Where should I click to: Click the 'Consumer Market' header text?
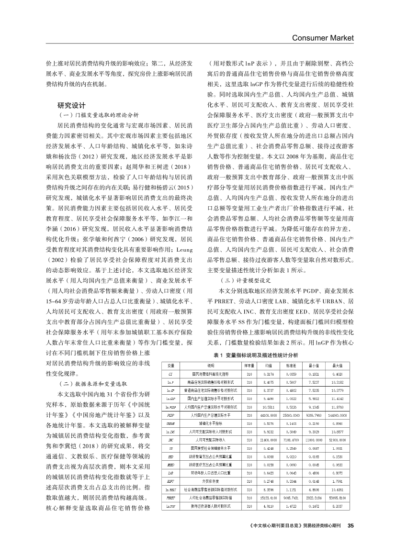point(322,37)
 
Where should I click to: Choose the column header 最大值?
point(337,366)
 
